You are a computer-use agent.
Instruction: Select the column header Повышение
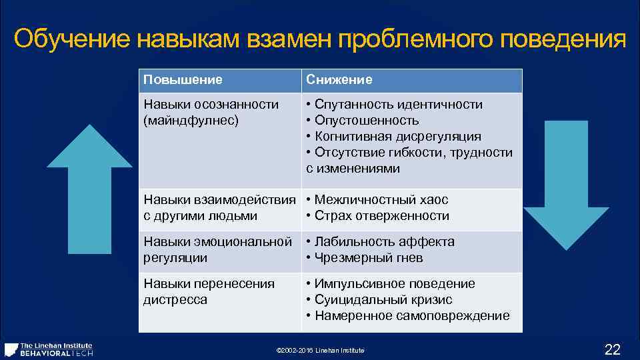[183, 80]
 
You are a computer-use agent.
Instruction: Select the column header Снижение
[339, 80]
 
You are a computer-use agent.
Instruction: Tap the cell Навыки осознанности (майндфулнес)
[211, 113]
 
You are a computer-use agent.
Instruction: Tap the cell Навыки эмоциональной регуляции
[217, 249]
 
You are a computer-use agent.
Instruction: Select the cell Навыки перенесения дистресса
[209, 291]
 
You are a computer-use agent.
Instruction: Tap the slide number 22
[611, 349]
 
